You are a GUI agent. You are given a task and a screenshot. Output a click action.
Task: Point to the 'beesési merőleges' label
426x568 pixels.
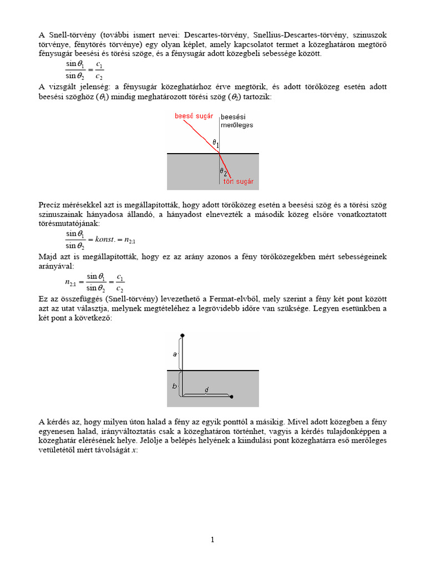(x=237, y=121)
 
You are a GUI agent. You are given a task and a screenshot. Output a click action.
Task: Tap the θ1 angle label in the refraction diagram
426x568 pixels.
(x=216, y=143)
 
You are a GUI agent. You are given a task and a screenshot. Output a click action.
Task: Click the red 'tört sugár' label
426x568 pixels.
(x=238, y=181)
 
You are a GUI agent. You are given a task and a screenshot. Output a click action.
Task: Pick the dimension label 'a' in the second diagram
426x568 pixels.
(x=175, y=353)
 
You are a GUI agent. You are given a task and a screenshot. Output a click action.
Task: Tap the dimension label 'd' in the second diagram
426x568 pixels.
(x=206, y=390)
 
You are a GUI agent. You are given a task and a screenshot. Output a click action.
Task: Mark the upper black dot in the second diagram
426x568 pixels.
(x=182, y=336)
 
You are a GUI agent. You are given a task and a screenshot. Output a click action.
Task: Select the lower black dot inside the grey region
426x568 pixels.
(x=231, y=397)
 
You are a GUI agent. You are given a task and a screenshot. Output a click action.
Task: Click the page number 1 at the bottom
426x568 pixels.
(x=212, y=540)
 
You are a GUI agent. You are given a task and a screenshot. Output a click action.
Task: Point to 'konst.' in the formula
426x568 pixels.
(x=105, y=240)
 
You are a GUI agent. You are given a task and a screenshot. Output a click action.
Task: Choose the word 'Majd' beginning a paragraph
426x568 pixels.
(x=48, y=257)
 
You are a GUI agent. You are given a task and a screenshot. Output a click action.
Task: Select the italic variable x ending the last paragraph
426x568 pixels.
(x=134, y=450)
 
